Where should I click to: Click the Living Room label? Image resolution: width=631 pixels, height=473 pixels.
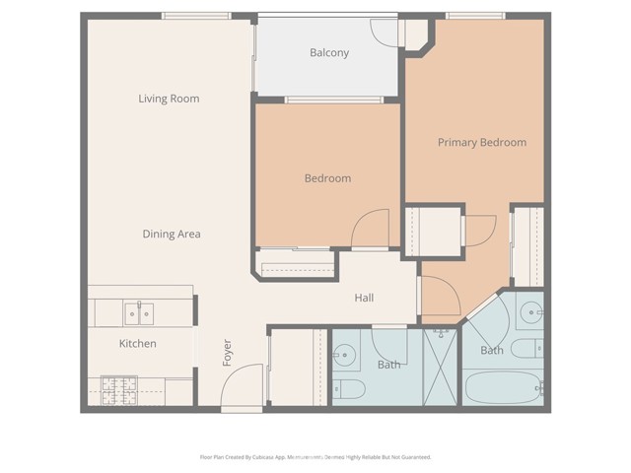click(169, 99)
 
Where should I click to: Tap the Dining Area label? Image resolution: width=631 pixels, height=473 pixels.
click(172, 234)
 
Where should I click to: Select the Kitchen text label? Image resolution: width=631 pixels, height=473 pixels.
click(138, 344)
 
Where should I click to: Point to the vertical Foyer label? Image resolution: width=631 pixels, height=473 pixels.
click(228, 354)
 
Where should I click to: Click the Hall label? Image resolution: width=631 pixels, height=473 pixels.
click(364, 298)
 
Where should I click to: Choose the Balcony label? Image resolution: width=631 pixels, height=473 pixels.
click(329, 53)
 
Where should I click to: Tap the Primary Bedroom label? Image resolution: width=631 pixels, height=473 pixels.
click(481, 143)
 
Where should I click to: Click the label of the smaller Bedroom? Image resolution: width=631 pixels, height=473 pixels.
click(327, 178)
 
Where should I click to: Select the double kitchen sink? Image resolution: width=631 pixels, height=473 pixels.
click(137, 313)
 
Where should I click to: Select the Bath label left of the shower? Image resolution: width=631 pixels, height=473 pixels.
click(388, 366)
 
